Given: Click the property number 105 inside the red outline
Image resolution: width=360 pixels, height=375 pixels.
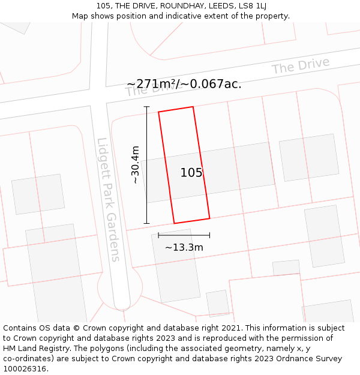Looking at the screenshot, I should [191, 173].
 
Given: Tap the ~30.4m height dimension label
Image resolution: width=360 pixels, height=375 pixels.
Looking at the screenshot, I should [135, 164].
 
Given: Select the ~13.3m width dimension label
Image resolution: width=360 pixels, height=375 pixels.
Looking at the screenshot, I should [184, 247].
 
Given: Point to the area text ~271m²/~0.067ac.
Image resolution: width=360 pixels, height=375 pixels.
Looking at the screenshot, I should [184, 84].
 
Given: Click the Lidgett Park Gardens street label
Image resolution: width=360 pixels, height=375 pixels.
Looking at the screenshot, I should [109, 200].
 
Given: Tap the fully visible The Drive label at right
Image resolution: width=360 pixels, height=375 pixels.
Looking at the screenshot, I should [301, 66].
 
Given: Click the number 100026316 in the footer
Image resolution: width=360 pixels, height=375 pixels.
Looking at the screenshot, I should [26, 369].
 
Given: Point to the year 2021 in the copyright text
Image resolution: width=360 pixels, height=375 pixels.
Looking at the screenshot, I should [229, 328].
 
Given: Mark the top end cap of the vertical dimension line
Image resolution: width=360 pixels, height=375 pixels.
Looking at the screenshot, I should [147, 107].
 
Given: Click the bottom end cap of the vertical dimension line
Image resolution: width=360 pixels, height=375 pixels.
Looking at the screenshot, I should [147, 223].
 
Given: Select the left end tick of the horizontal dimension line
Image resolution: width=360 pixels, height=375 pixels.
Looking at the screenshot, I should [158, 235].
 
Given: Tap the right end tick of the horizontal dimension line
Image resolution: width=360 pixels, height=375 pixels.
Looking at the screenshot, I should [209, 235].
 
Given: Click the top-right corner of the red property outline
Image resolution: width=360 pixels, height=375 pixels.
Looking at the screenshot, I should [193, 107].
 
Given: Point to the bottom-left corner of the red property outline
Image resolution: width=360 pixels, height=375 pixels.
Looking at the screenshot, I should [174, 223].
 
